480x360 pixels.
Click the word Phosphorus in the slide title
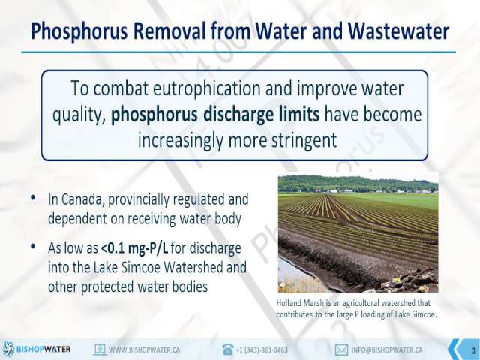coord(79,31)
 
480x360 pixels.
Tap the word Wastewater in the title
coord(398,31)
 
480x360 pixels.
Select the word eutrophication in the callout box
coord(206,88)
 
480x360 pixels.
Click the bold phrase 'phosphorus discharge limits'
coord(215,115)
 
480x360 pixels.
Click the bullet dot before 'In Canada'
coord(33,198)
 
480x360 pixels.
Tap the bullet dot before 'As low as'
coord(33,246)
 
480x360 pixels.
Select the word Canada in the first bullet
coord(81,199)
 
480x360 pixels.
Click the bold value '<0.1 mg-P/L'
coord(135,248)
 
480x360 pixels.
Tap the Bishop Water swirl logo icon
coord(8,349)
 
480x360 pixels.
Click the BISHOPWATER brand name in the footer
coord(43,349)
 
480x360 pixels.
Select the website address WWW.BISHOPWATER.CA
coord(145,349)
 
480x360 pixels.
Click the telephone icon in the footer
coord(228,349)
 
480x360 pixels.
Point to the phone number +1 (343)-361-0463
coord(262,349)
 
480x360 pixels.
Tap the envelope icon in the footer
coord(341,349)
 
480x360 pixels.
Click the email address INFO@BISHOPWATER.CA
coord(387,349)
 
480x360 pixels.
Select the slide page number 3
coord(473,350)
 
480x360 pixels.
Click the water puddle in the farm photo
coord(294,275)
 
